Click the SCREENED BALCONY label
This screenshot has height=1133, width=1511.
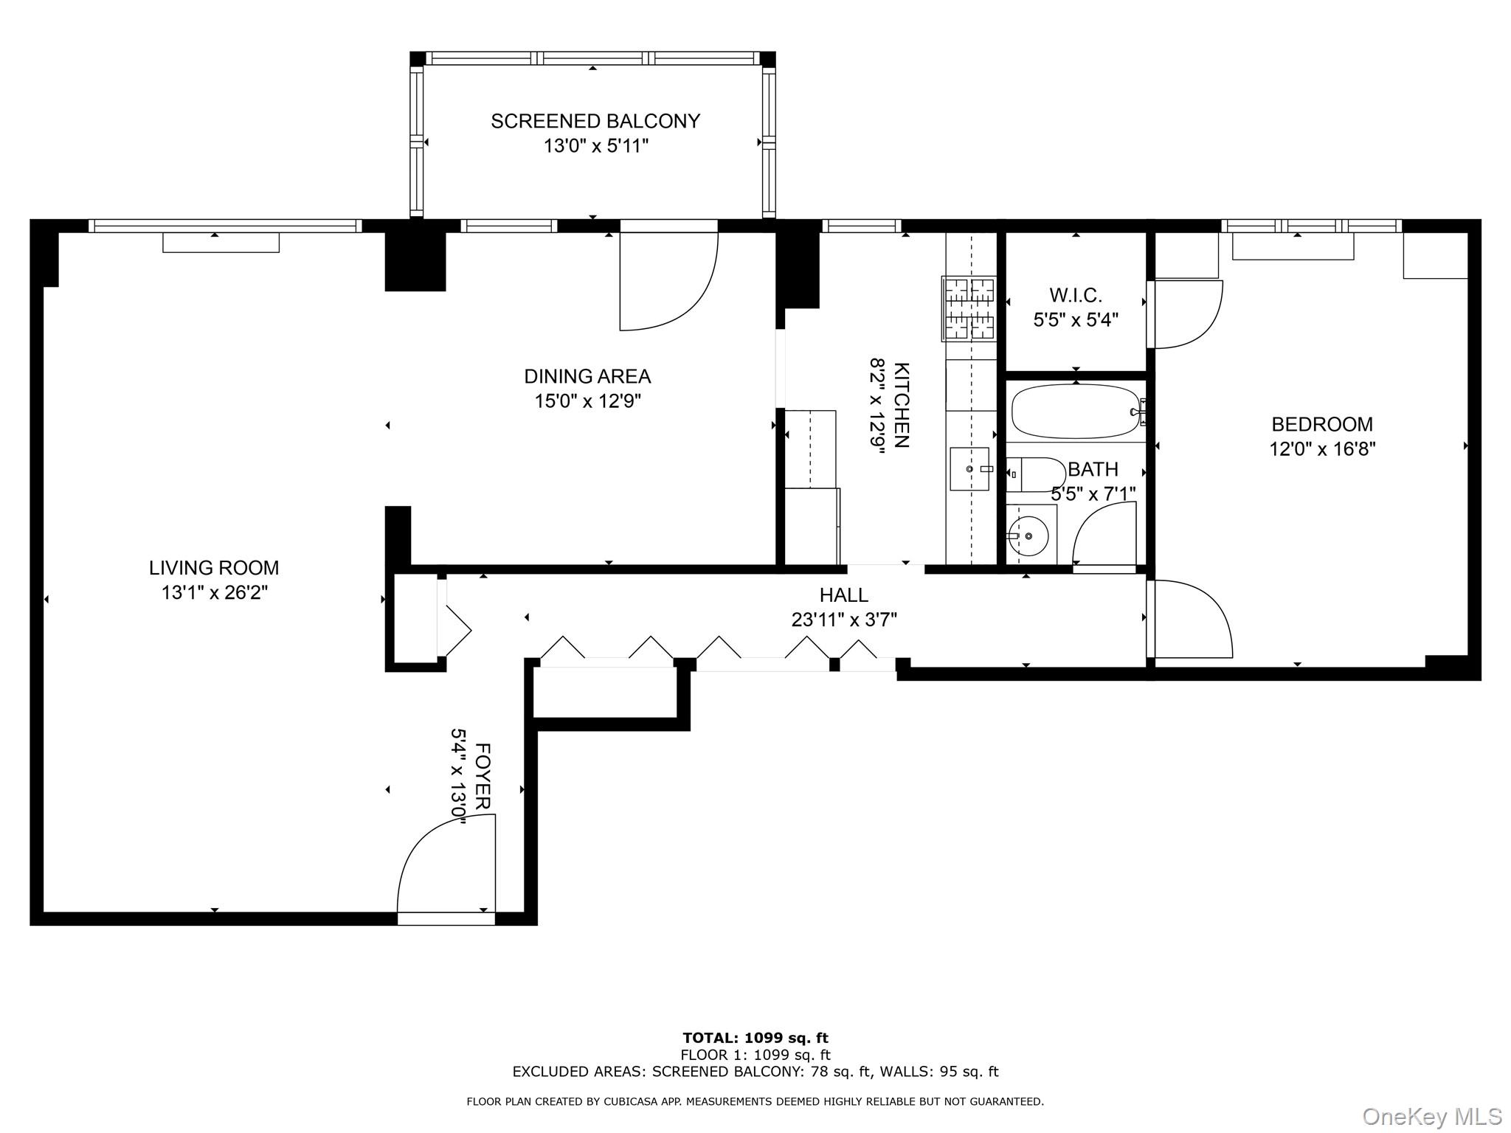(x=595, y=121)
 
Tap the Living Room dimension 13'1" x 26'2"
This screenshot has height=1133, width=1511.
(x=215, y=592)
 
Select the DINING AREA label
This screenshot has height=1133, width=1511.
(x=587, y=376)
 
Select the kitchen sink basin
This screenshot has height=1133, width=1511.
(x=969, y=468)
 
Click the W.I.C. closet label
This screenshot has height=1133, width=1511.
(x=1076, y=295)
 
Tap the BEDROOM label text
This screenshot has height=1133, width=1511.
(x=1322, y=424)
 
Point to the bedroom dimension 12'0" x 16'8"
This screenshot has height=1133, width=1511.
(x=1322, y=448)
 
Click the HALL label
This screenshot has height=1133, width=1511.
(x=843, y=595)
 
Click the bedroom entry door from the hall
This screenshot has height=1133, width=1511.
(x=1189, y=619)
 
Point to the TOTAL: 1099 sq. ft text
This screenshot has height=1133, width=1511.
(x=755, y=1039)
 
